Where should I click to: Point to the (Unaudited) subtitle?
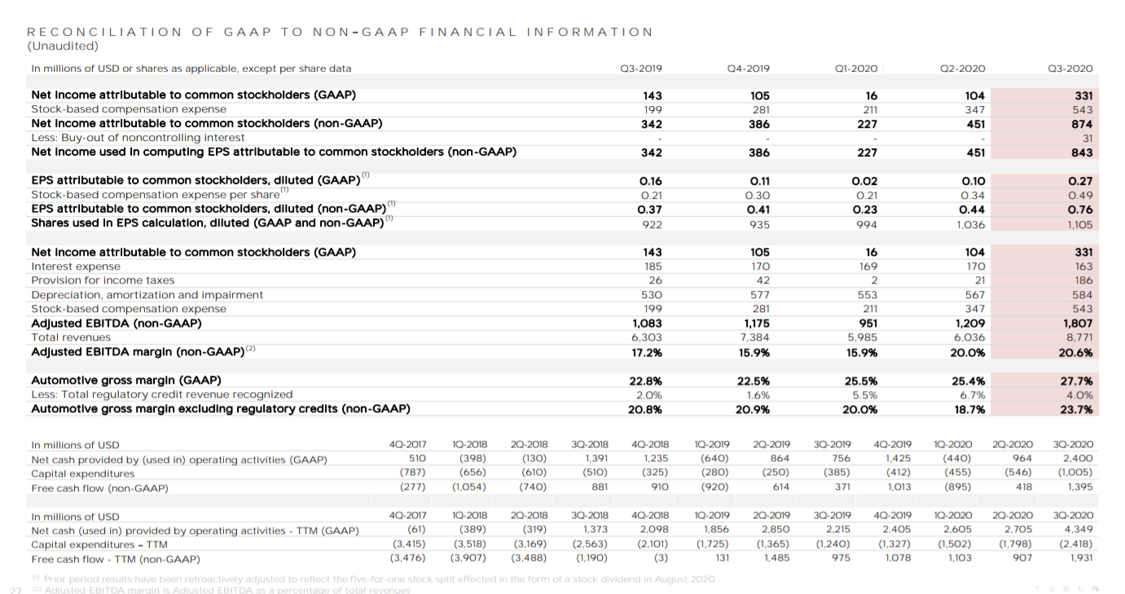64,46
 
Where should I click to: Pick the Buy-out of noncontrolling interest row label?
138,138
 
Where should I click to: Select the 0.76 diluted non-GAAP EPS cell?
1080,209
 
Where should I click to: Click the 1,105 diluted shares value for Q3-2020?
1079,223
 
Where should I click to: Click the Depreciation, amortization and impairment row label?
147,294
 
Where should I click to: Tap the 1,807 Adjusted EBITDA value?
1078,323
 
